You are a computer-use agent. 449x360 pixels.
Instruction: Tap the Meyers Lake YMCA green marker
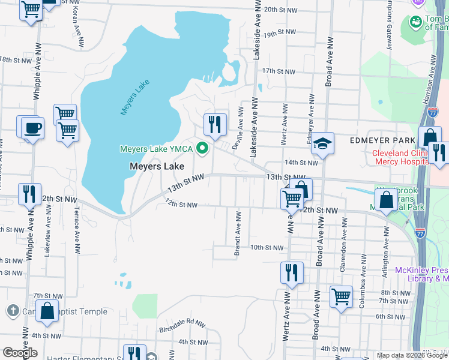tap(203, 148)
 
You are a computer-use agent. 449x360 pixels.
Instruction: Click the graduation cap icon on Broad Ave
tap(322, 143)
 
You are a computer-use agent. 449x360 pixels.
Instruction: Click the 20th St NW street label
tap(281, 10)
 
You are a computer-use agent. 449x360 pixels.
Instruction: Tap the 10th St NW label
tap(266, 247)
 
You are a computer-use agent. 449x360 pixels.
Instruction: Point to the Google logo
tap(20, 353)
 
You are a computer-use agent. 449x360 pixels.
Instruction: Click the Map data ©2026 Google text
tap(412, 355)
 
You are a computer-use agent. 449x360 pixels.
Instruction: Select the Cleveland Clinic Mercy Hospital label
tap(399, 157)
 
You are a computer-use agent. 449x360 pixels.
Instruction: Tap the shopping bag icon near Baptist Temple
tap(47, 311)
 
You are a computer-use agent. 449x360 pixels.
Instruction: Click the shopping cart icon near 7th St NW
tap(341, 296)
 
